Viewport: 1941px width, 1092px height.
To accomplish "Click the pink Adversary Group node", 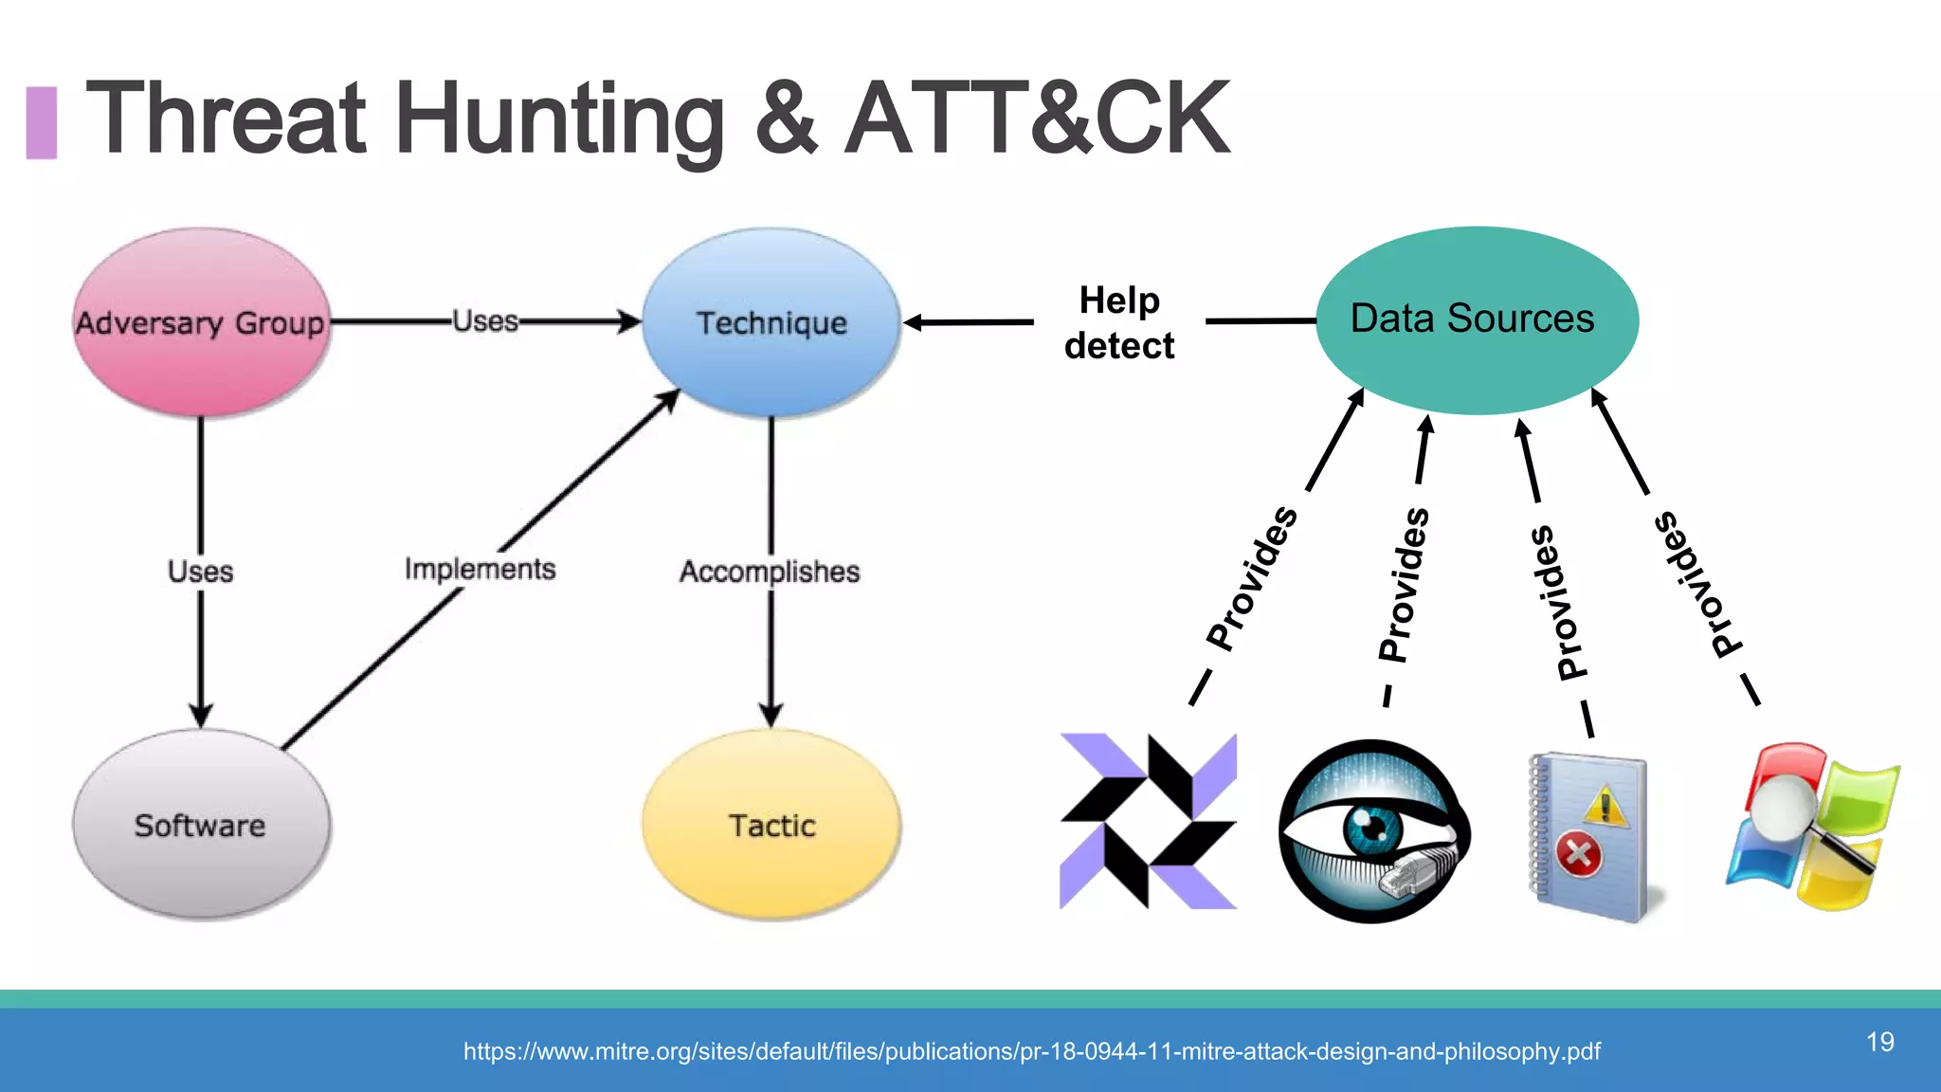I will pyautogui.click(x=201, y=322).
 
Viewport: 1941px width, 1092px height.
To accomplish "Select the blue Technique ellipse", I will pyautogui.click(x=771, y=322).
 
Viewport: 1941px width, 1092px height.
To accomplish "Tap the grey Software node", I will pyautogui.click(x=201, y=825).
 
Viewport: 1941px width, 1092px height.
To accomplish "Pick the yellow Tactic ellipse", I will pyautogui.click(x=771, y=825).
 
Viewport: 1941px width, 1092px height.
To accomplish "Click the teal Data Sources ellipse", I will pyautogui.click(x=1476, y=319).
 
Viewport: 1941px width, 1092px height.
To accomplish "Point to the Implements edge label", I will pyautogui.click(x=480, y=569).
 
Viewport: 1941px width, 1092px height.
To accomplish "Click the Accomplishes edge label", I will pyautogui.click(x=770, y=572).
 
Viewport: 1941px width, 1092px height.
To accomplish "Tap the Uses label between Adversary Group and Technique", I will pyautogui.click(x=485, y=321).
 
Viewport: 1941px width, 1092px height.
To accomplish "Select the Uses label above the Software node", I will pyautogui.click(x=200, y=572).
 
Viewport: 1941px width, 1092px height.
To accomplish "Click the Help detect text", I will pyautogui.click(x=1119, y=323).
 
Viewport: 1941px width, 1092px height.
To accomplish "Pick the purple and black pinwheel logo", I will pyautogui.click(x=1148, y=821).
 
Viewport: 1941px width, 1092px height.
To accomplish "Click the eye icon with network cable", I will pyautogui.click(x=1373, y=831).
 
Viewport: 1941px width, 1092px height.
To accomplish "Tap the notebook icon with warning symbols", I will pyautogui.click(x=1589, y=836).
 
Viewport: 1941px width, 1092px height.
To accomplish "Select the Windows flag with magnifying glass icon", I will pyautogui.click(x=1812, y=827).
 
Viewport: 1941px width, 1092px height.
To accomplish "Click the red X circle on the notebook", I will pyautogui.click(x=1578, y=855).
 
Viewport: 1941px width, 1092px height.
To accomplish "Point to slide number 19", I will pyautogui.click(x=1880, y=1042).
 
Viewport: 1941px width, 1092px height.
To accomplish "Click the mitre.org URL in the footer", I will pyautogui.click(x=1031, y=1051).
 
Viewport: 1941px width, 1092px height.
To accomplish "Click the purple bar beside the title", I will pyautogui.click(x=41, y=122).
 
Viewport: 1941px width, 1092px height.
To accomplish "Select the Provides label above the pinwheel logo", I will pyautogui.click(x=1252, y=578).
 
